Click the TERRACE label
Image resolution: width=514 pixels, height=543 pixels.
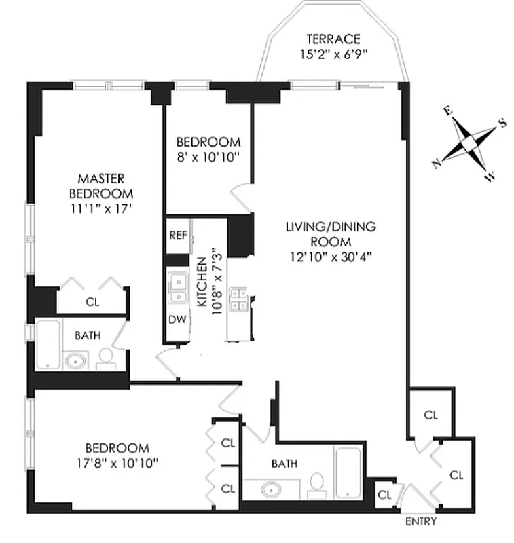(x=333, y=39)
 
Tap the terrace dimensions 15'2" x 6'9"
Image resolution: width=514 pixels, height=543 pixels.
(x=333, y=54)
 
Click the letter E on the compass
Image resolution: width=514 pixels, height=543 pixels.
(x=447, y=111)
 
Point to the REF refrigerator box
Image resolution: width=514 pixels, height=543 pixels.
(x=178, y=236)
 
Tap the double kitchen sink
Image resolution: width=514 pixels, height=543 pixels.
(x=179, y=288)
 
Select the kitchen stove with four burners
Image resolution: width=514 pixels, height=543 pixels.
(x=238, y=299)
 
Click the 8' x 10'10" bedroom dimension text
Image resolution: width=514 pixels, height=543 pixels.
(x=208, y=156)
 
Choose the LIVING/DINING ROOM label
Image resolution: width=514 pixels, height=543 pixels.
(x=330, y=233)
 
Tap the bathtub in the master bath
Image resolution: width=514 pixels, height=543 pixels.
(x=47, y=344)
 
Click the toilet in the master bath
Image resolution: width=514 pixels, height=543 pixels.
(x=106, y=358)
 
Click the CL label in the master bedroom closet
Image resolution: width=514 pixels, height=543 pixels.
(x=92, y=302)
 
